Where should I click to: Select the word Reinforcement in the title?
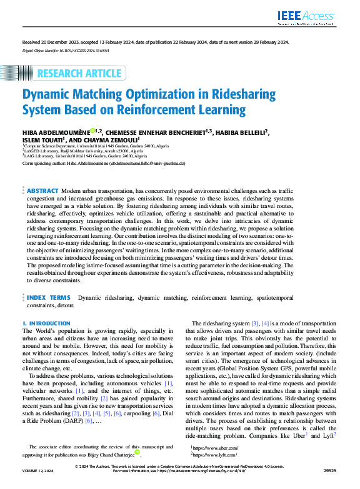[172, 111]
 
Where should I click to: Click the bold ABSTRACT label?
[42, 190]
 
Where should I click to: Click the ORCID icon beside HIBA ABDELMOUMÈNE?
[92, 131]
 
